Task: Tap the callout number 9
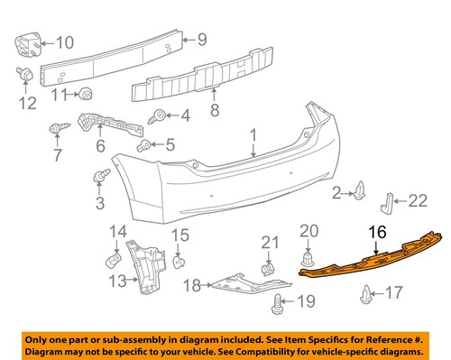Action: pos(203,39)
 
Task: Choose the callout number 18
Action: pos(190,287)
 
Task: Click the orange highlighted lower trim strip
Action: pos(370,261)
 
